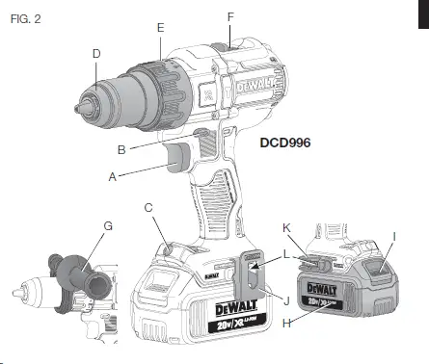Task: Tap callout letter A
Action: [x=113, y=177]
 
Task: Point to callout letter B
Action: [x=122, y=149]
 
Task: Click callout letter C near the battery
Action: [x=147, y=207]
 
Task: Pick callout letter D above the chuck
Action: [x=96, y=54]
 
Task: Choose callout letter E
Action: [x=160, y=28]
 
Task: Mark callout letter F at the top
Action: [x=229, y=18]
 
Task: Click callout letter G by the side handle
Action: [x=108, y=226]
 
